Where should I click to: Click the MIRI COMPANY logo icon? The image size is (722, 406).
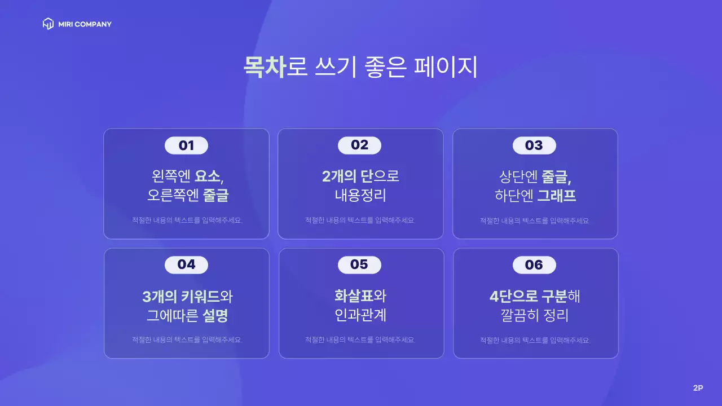tap(49, 24)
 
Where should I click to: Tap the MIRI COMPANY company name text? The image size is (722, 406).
tap(85, 24)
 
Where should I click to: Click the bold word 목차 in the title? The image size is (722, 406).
tap(264, 67)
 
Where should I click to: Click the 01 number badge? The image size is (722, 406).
tap(186, 145)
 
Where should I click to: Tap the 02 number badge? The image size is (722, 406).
tap(359, 145)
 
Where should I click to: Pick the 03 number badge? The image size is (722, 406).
tap(534, 145)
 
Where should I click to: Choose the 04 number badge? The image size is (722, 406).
tap(186, 264)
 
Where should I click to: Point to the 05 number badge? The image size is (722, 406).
tap(359, 264)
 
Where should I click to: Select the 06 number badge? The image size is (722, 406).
tap(534, 264)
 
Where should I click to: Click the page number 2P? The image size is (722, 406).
tap(698, 388)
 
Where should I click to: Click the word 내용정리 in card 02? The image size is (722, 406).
tap(360, 196)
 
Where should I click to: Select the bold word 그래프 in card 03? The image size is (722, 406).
tap(557, 196)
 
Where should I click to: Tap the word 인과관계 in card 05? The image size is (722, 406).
tap(360, 315)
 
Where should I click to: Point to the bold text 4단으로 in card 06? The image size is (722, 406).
tap(514, 295)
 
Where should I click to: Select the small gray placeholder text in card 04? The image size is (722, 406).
tap(187, 340)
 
